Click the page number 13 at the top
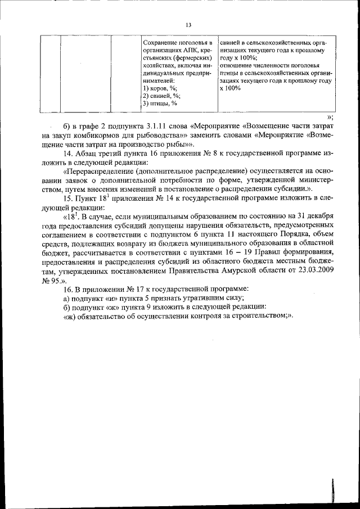click(188, 25)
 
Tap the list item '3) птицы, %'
click(160, 103)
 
